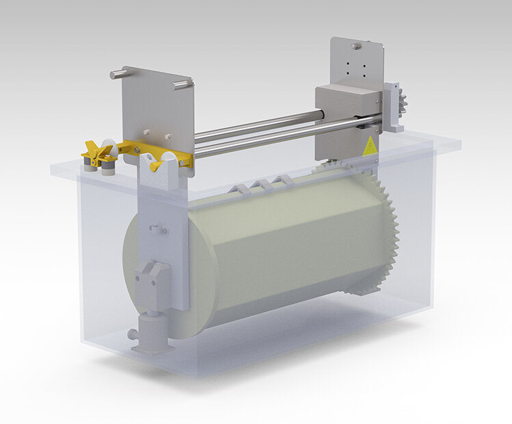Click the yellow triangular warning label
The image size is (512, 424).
pyautogui.click(x=368, y=145)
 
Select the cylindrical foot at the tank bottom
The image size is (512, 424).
pyautogui.click(x=152, y=332)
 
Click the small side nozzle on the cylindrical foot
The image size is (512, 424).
pyautogui.click(x=132, y=334)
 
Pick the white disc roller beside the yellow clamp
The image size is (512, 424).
pyautogui.click(x=107, y=145)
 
